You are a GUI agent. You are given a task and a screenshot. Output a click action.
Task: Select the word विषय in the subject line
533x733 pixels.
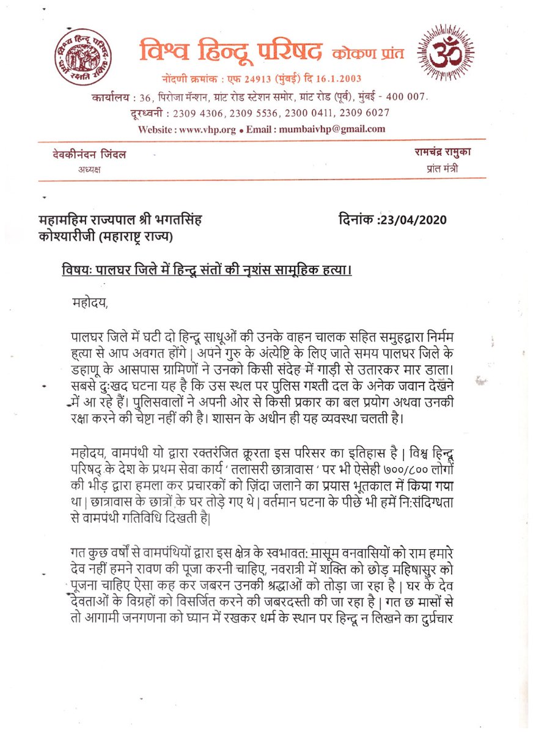point(77,270)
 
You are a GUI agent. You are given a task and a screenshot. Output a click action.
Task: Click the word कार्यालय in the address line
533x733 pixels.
point(110,97)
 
